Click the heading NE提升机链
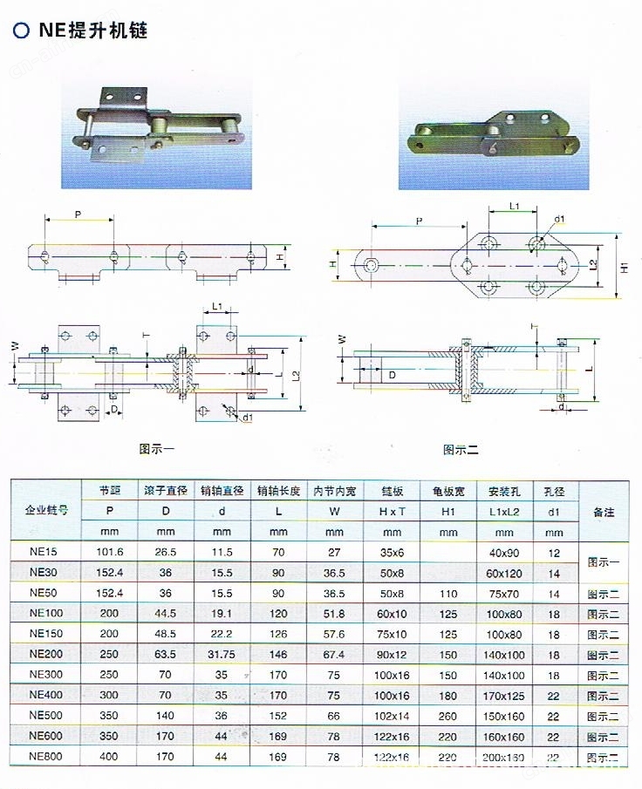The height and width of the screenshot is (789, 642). tap(92, 31)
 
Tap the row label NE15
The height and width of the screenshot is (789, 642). tap(44, 552)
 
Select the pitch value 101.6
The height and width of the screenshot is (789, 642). tap(110, 552)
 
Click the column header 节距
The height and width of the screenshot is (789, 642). tap(110, 491)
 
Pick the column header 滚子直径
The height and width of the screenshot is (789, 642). tap(166, 491)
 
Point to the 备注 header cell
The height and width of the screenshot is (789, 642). tap(603, 512)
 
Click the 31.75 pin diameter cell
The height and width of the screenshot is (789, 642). tap(222, 654)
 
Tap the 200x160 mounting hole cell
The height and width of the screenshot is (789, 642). tap(503, 757)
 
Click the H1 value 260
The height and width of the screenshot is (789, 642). tap(447, 715)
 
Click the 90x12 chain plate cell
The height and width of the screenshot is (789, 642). tap(392, 654)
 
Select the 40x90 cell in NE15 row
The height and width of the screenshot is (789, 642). tap(503, 552)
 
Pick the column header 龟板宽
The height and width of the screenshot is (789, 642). tap(447, 491)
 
